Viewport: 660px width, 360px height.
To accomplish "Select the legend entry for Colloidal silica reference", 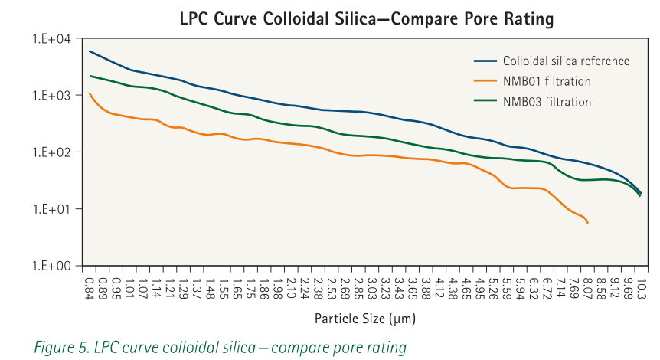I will click(566, 61).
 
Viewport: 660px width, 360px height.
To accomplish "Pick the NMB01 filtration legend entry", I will click(547, 81).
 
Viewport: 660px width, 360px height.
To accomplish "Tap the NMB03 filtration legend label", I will click(547, 101).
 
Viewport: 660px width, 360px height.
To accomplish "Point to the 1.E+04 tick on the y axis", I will click(51, 39).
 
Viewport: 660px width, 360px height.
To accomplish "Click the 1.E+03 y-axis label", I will click(51, 96).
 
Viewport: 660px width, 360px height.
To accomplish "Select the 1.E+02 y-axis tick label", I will click(51, 152).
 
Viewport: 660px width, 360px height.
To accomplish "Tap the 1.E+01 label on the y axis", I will click(51, 209).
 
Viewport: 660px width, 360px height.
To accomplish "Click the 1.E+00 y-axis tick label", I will click(51, 266).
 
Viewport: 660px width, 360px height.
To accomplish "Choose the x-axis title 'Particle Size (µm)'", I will click(364, 317).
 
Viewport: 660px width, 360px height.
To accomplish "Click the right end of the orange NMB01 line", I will click(587, 222).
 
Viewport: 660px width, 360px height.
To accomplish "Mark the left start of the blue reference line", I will click(90, 51).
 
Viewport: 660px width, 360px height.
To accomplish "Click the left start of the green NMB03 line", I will click(90, 76).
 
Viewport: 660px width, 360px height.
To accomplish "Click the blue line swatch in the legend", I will click(485, 61).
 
